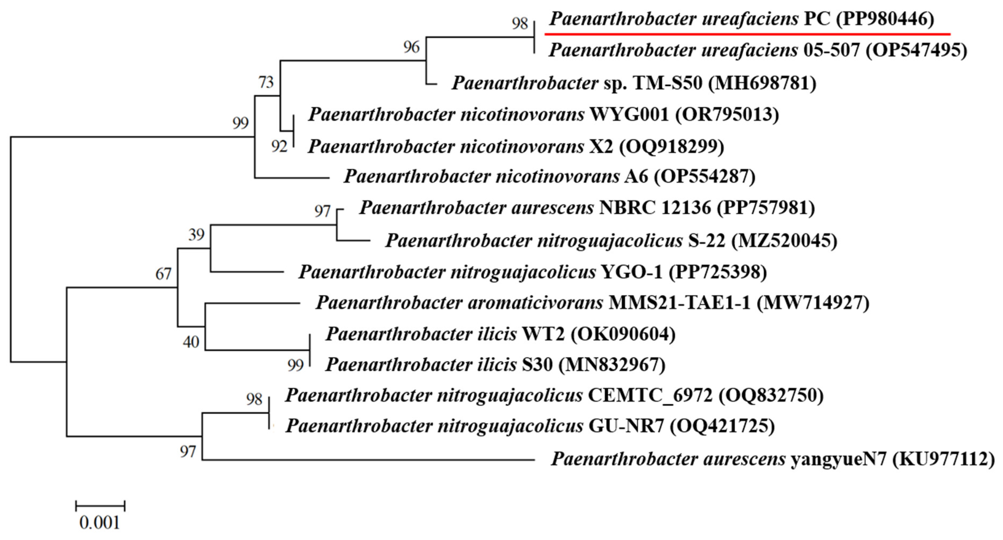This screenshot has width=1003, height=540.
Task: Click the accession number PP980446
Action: coord(885,19)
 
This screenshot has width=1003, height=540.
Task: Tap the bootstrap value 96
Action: coord(411,47)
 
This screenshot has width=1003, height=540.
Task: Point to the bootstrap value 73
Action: coord(266,82)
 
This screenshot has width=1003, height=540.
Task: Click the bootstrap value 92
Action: coord(279,146)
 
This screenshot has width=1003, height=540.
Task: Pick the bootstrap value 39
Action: coord(196,234)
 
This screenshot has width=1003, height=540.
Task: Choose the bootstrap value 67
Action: coord(163,274)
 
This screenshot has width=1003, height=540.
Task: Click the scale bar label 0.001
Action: coord(100,523)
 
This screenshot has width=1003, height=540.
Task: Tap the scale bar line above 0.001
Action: coord(100,506)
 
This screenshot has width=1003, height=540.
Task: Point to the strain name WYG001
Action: coord(629,115)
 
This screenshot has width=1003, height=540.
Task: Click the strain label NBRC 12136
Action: coord(655,207)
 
